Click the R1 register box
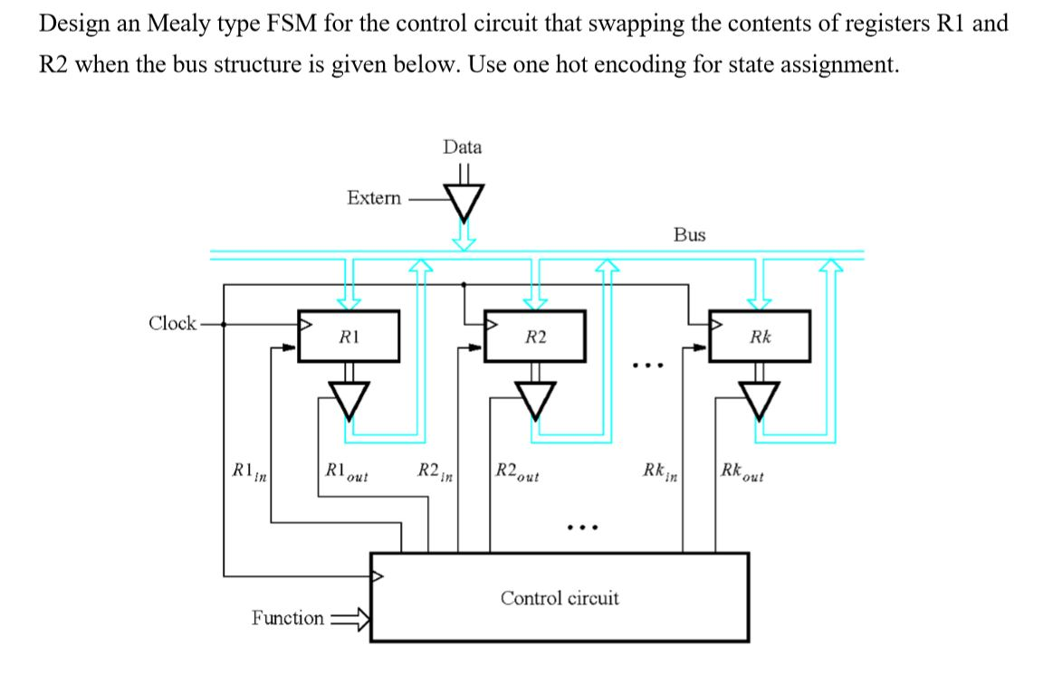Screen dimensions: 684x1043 [349, 337]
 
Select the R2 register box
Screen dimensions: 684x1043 [536, 337]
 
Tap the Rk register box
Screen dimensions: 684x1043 [760, 337]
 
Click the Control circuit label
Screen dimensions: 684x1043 [560, 598]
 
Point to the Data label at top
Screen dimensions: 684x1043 [463, 147]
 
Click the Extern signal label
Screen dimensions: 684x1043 [374, 198]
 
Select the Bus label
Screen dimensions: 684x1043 [690, 234]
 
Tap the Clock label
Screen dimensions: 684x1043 [172, 323]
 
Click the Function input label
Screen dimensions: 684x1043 [287, 619]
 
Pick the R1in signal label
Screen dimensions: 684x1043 [244, 471]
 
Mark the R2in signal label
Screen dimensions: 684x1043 [435, 471]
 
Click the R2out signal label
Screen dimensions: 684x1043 [518, 471]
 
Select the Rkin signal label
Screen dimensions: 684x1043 [661, 471]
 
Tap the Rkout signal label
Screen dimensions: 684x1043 [742, 471]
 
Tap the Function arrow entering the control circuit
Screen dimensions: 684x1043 [349, 619]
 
